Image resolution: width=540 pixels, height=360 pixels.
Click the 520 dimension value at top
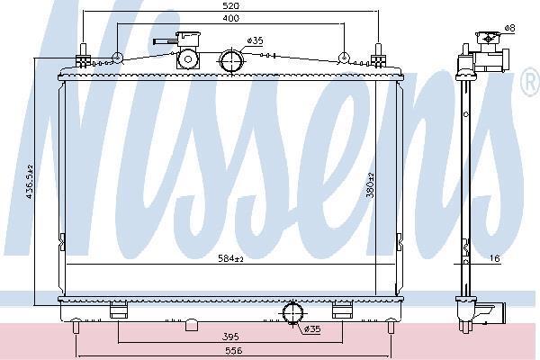coord(230,6)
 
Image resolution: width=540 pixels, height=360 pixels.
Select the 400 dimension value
coord(230,18)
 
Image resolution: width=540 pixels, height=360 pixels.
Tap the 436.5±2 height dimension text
coord(30,181)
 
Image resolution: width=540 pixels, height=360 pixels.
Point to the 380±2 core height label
coord(371,185)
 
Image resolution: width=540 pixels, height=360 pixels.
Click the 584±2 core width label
coord(230,258)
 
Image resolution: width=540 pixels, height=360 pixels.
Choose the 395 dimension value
coord(230,337)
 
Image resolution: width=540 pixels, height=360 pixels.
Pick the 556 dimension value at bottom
coord(234,351)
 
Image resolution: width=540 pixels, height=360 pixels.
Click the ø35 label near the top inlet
coord(256,41)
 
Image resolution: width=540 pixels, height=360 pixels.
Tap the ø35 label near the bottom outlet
coord(312,329)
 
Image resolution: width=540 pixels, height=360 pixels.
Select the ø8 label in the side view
coord(509,28)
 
